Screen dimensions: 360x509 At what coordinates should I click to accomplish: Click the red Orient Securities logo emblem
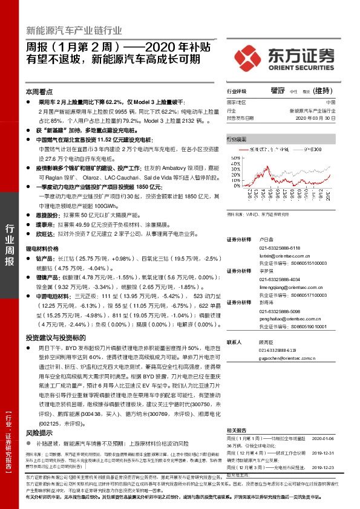(x=248, y=55)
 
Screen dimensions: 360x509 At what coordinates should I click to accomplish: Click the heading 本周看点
(x=38, y=92)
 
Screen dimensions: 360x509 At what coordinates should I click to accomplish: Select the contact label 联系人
(x=234, y=342)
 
